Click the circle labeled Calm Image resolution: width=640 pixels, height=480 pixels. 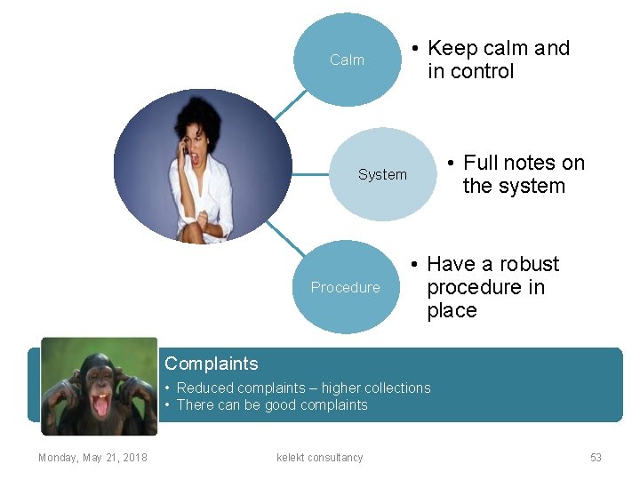point(347,60)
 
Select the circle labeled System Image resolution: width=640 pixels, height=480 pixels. point(382,174)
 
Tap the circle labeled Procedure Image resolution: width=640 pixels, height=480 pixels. point(345,287)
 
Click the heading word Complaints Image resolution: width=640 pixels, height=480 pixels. point(212,364)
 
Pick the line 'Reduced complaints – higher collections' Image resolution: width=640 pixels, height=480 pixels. point(303,388)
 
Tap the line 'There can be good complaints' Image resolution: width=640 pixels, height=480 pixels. point(271,404)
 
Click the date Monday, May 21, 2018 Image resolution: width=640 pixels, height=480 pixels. point(92,458)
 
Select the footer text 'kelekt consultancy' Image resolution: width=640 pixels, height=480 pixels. point(320,458)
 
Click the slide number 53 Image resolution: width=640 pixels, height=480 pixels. point(596,458)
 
